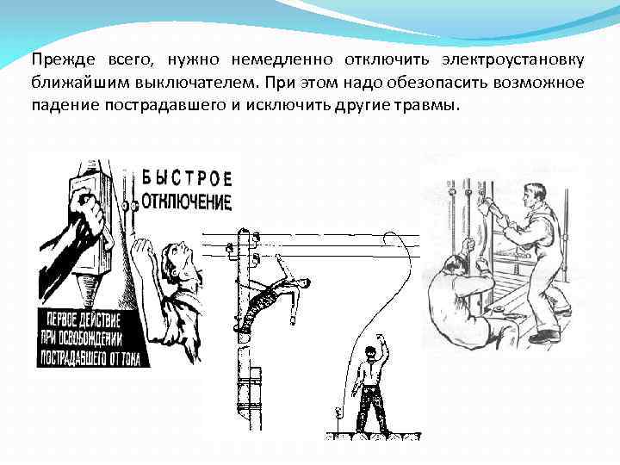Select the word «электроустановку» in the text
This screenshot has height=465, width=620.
tap(514, 60)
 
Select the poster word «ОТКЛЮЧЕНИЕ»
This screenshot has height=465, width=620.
tap(187, 202)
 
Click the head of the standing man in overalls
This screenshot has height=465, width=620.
tap(534, 193)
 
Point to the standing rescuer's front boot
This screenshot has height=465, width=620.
tap(544, 337)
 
